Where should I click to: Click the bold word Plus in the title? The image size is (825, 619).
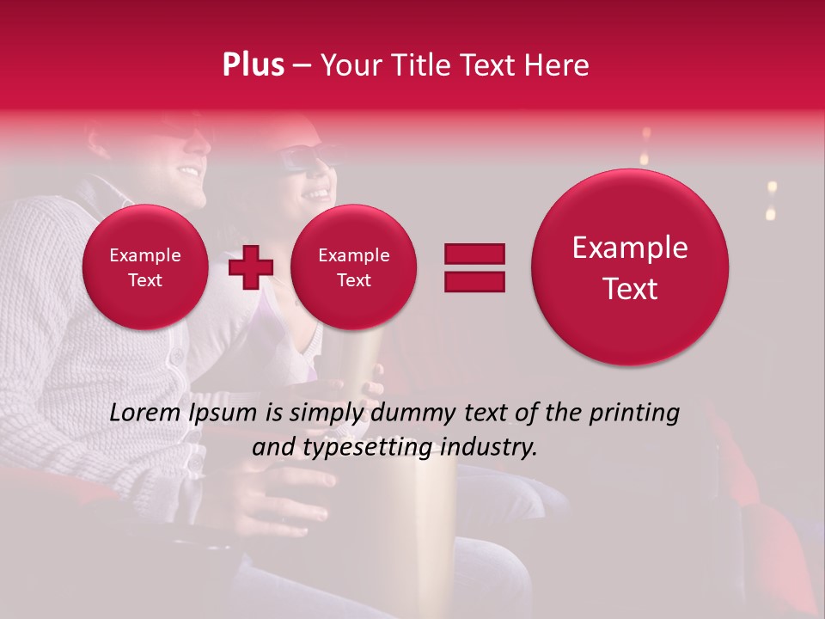click(x=253, y=65)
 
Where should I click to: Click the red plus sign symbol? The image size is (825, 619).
click(x=250, y=267)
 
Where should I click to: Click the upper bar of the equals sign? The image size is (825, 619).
click(x=474, y=254)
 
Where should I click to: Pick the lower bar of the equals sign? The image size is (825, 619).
click(x=474, y=280)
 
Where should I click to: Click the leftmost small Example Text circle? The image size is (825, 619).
click(x=144, y=267)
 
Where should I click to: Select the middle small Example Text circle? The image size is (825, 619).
click(x=353, y=267)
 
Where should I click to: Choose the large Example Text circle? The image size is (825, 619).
click(x=630, y=267)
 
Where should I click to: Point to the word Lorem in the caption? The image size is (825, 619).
click(x=146, y=413)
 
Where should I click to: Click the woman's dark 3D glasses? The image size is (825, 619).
click(x=305, y=160)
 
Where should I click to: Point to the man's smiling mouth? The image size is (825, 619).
click(x=187, y=170)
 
